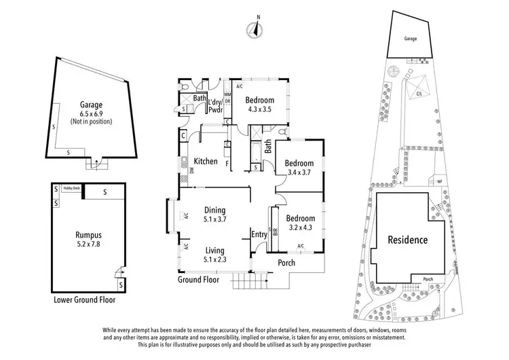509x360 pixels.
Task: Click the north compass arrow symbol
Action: (x=256, y=29)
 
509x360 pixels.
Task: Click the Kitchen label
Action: (x=206, y=162)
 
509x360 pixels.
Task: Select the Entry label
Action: (x=259, y=235)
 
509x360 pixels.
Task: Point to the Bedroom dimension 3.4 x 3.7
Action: (x=299, y=173)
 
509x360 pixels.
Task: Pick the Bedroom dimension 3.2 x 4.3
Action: (x=299, y=228)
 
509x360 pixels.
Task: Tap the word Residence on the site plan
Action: (x=407, y=240)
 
